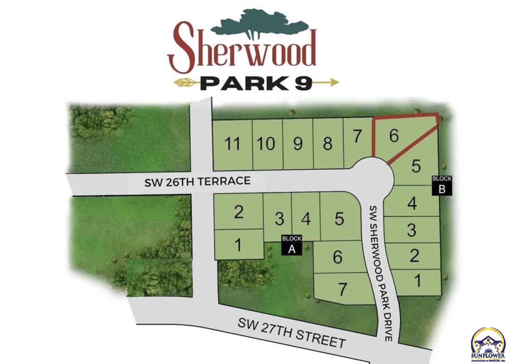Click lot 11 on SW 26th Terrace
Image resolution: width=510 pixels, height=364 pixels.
tap(232, 144)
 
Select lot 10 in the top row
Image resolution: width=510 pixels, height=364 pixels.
tap(266, 144)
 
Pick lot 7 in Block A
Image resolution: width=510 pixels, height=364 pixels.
tap(342, 289)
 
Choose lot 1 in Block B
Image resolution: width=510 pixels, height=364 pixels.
tap(417, 280)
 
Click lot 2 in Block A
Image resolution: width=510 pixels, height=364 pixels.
tap(239, 212)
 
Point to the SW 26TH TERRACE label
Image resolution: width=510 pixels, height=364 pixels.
tap(197, 181)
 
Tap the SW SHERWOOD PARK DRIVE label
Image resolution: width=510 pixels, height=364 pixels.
tap(381, 272)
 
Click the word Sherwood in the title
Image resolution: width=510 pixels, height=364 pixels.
tap(242, 51)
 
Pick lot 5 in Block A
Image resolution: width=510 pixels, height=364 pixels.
tap(339, 219)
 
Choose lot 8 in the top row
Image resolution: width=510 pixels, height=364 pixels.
tap(327, 144)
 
